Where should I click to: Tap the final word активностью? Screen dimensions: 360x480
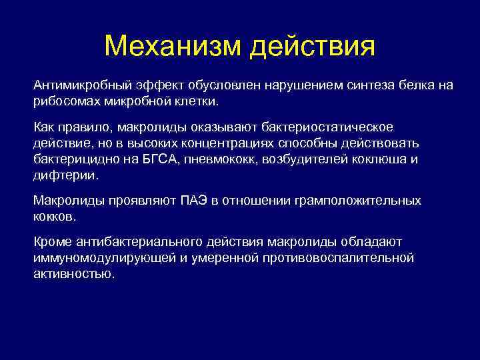pos(74,274)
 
